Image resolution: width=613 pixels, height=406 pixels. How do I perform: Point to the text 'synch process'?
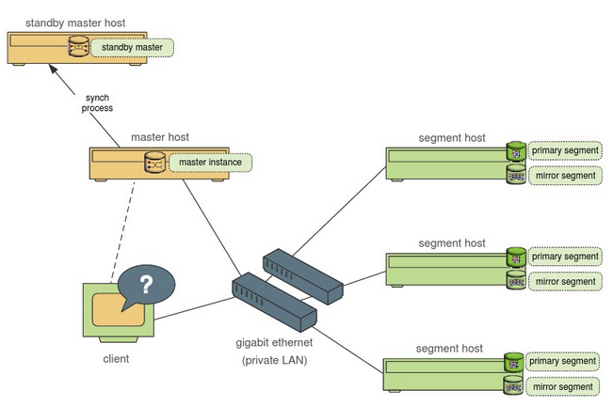pyautogui.click(x=97, y=101)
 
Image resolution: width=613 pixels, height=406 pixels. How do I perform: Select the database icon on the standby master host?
pyautogui.click(x=80, y=46)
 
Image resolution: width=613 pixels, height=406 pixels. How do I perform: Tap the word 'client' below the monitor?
pyautogui.click(x=115, y=358)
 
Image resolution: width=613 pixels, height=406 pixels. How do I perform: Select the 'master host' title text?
pyautogui.click(x=160, y=136)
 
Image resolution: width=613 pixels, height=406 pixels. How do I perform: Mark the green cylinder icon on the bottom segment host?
pyautogui.click(x=514, y=361)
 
